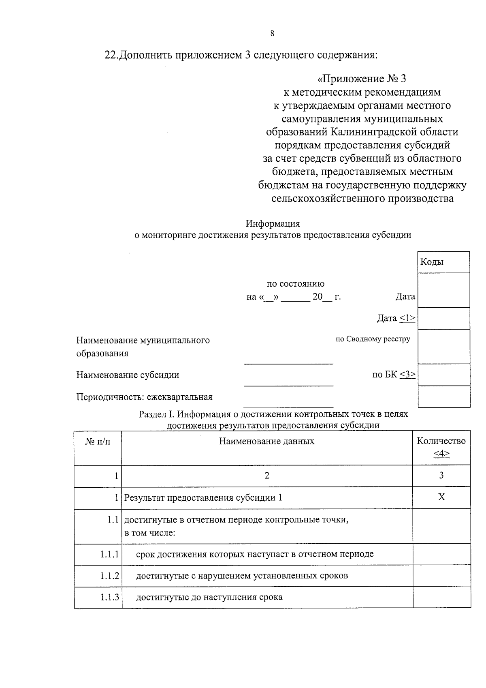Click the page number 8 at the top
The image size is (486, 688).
272,34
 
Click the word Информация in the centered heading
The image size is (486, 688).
273,223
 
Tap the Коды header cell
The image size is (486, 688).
432,262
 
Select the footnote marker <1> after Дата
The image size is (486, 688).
407,318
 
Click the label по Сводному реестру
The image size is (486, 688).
373,339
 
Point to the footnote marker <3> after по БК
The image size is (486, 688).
407,374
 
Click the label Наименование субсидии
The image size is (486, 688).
128,375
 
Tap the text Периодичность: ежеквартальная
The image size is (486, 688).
144,397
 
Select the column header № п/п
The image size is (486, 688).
98,441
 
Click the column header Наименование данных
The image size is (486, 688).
266,441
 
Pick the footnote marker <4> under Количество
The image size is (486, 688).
441,453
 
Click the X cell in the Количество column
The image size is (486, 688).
441,497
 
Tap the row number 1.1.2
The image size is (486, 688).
109,576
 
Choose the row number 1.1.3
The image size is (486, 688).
109,597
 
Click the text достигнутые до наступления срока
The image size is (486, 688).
209,597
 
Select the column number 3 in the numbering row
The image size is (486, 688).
441,476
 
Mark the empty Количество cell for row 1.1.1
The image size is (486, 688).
441,554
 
